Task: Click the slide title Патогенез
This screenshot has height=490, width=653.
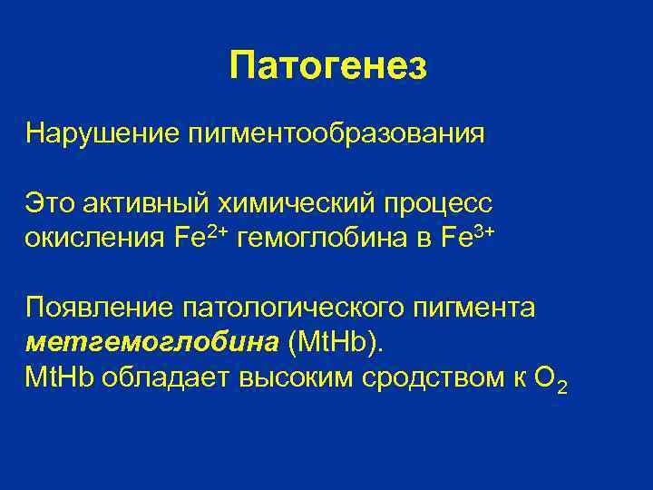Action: pyautogui.click(x=327, y=66)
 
